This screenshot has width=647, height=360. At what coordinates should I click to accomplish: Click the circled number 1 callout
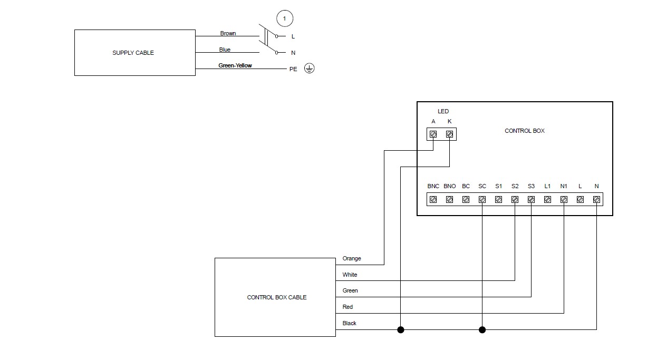tap(285, 19)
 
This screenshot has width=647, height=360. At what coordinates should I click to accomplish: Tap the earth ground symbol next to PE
tap(310, 69)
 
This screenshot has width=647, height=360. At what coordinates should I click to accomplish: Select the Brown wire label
tap(228, 33)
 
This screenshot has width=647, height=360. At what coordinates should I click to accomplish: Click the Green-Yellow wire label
tap(235, 65)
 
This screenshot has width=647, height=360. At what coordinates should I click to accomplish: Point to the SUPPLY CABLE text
tap(133, 53)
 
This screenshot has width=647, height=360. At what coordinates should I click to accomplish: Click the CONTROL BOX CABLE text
tap(276, 297)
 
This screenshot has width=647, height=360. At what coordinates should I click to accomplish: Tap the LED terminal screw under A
tap(433, 134)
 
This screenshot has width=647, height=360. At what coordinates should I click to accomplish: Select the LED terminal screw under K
tap(449, 134)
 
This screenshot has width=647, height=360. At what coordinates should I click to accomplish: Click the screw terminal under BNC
tap(433, 200)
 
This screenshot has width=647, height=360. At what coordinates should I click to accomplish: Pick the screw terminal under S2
tap(515, 200)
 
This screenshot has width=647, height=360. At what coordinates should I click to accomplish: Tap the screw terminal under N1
tap(564, 200)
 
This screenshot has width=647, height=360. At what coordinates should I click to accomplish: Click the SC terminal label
tap(482, 187)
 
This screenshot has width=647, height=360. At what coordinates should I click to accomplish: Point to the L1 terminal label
tap(547, 187)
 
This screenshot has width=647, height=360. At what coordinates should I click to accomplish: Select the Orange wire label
tap(352, 259)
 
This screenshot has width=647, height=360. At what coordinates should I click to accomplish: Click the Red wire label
tap(347, 307)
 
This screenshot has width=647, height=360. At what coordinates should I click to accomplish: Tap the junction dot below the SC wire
tap(482, 330)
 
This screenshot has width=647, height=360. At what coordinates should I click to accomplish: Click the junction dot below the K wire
tap(401, 330)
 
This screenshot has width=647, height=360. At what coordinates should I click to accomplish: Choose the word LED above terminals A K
tap(443, 111)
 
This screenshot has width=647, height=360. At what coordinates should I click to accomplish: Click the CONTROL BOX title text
tap(524, 131)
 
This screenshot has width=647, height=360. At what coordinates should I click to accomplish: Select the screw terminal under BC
tap(466, 200)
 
